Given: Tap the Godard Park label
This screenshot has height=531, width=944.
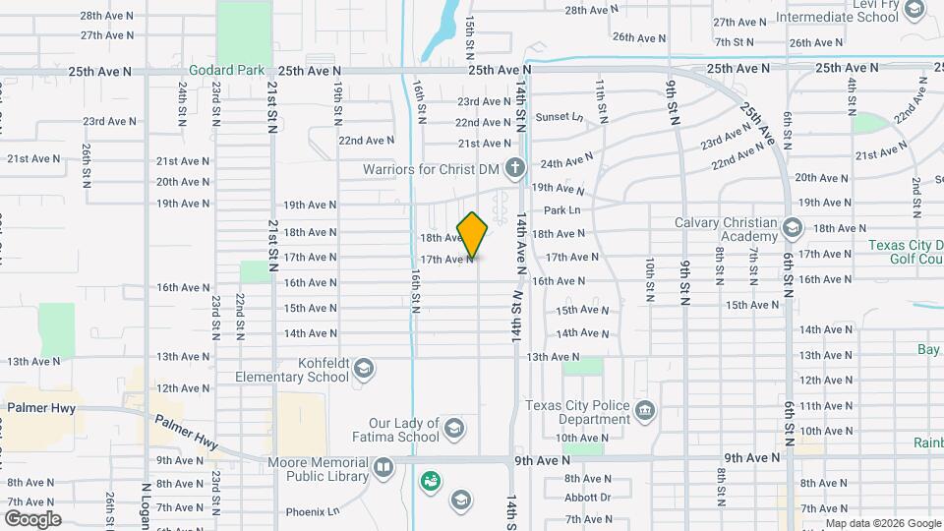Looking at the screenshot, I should point(226,71).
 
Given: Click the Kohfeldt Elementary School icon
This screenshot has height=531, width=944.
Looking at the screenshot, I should point(364,369).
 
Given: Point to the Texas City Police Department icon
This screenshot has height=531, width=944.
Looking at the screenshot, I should point(645,409).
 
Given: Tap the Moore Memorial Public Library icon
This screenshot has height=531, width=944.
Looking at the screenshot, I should point(383,466).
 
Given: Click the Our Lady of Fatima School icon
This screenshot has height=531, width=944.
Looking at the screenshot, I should point(453,428).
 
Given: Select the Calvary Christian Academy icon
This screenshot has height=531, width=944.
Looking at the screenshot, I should point(792,229).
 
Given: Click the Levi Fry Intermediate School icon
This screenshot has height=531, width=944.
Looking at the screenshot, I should point(914,10).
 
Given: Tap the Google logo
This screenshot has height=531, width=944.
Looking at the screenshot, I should point(32,519).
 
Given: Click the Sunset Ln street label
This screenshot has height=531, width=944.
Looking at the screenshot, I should point(560,117).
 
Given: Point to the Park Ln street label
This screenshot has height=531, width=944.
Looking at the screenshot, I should point(561,210).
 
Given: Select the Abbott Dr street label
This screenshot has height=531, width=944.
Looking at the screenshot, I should point(588,498).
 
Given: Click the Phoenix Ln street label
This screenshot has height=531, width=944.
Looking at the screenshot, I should point(312,511).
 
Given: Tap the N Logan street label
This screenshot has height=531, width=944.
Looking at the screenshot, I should point(147,505).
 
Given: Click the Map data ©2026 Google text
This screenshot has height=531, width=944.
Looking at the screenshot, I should point(883,523).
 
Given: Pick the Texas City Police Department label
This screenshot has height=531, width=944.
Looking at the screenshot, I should point(577,412).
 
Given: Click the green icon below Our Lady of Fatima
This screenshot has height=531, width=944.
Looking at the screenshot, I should point(431,482).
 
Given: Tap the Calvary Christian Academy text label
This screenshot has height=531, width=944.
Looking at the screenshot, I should point(726,229).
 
